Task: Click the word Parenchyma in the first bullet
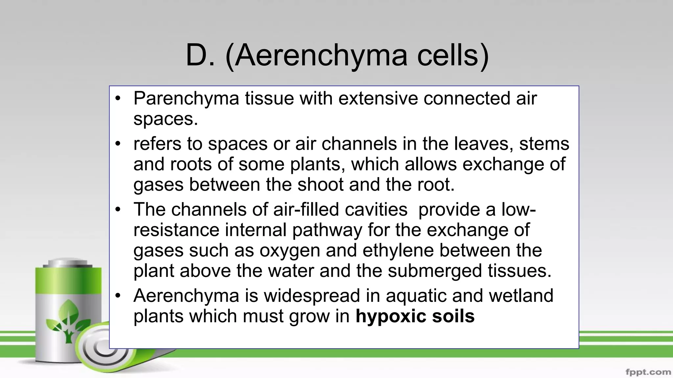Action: [x=186, y=98]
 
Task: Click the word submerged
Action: [x=434, y=271]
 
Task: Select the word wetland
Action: [x=521, y=295]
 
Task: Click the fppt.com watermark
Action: [x=648, y=372]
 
